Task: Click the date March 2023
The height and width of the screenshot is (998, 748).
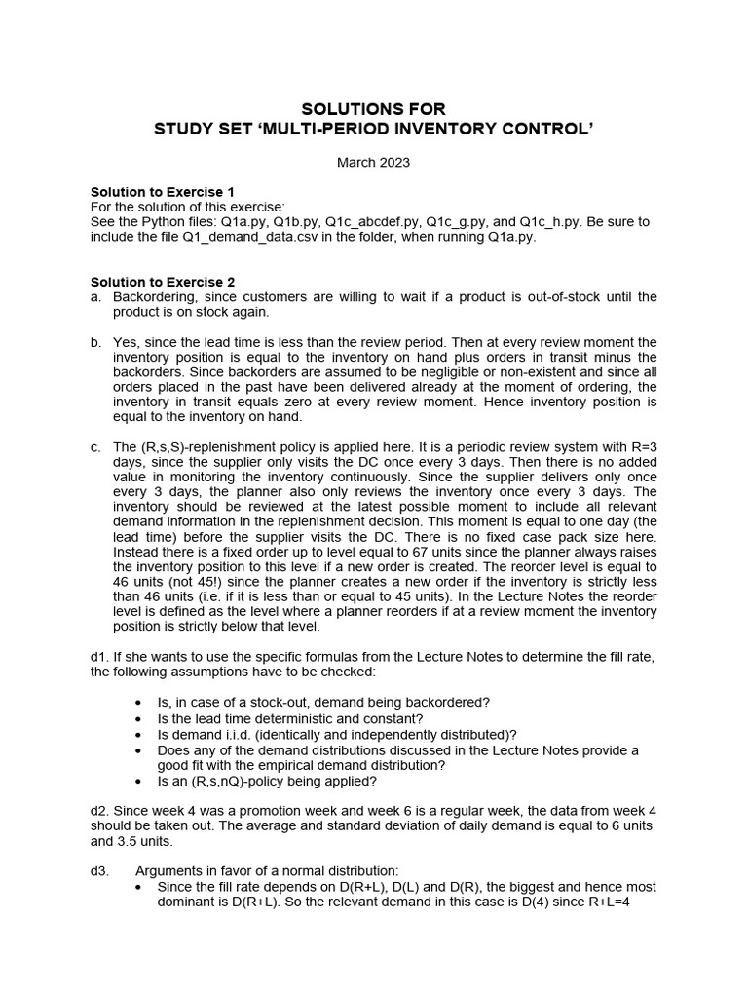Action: (373, 163)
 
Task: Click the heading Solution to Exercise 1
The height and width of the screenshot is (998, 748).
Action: (163, 192)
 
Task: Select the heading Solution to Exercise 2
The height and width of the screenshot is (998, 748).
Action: (163, 282)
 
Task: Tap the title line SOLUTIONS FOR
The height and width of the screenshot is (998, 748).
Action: (373, 108)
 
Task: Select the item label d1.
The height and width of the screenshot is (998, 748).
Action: (99, 658)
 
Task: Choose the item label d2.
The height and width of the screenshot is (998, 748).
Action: (99, 810)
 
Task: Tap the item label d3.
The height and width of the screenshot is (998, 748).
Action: (99, 870)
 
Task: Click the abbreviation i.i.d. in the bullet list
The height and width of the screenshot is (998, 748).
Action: (241, 734)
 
